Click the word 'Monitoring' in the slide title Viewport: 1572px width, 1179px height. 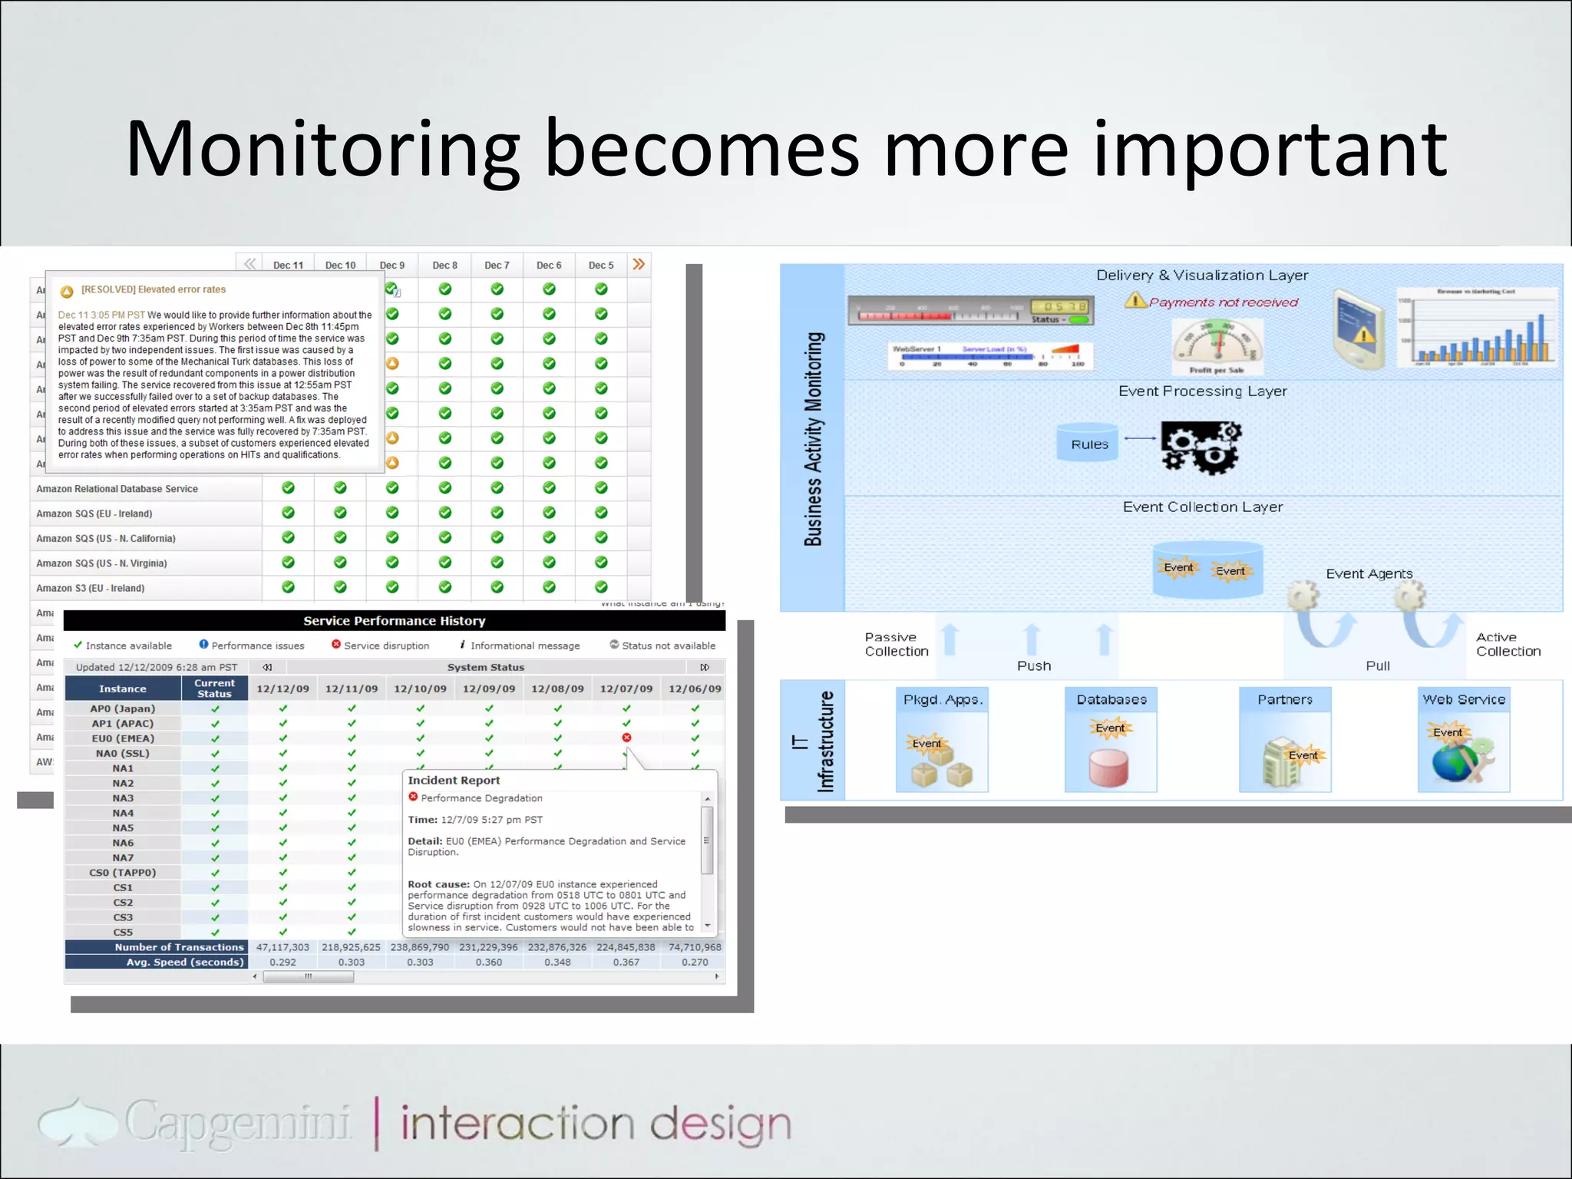click(322, 150)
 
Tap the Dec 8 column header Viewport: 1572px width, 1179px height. click(444, 265)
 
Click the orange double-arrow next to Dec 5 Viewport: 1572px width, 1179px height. click(639, 264)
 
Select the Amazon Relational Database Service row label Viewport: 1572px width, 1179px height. click(117, 489)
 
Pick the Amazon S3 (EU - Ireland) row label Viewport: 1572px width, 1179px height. click(90, 588)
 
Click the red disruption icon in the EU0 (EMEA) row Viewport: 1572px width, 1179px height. click(626, 738)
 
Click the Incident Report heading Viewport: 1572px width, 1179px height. click(454, 780)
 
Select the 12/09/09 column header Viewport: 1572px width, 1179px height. click(489, 689)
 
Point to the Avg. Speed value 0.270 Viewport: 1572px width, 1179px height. click(695, 962)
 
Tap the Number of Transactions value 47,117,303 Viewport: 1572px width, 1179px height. click(282, 947)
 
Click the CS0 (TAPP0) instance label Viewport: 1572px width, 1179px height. click(123, 873)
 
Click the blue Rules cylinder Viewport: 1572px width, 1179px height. click(1088, 443)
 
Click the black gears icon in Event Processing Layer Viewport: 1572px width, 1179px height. click(1200, 447)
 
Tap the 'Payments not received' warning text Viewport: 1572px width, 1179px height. click(1223, 302)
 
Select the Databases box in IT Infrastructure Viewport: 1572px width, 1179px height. click(1111, 739)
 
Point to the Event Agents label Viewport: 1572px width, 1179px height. click(1369, 573)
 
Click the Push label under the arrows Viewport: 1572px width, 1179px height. click(1033, 665)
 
